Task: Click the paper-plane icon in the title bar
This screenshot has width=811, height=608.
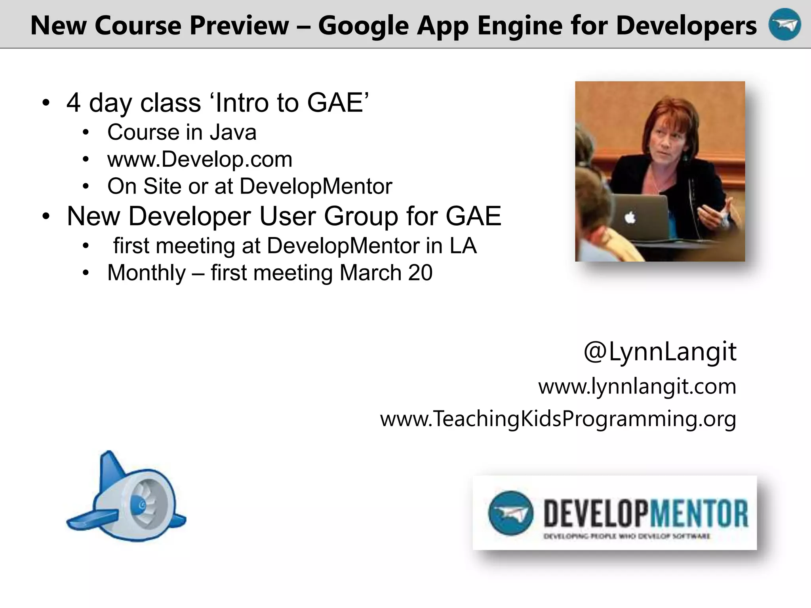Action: pyautogui.click(x=784, y=25)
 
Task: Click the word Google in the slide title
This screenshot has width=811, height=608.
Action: pyautogui.click(x=363, y=26)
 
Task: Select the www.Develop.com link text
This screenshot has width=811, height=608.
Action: pyautogui.click(x=200, y=160)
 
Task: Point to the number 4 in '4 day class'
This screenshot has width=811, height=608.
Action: pyautogui.click(x=74, y=103)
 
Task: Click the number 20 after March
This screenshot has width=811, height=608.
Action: pyautogui.click(x=420, y=273)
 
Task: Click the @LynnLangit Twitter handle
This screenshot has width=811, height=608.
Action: pyautogui.click(x=660, y=351)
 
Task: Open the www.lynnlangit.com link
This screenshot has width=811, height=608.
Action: pyautogui.click(x=637, y=386)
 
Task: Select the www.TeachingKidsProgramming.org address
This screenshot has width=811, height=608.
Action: pyautogui.click(x=558, y=419)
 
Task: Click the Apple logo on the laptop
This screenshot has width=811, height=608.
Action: pyautogui.click(x=630, y=218)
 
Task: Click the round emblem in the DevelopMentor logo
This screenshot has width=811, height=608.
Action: pyautogui.click(x=510, y=513)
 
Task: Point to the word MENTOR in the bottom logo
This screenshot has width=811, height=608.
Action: pyautogui.click(x=699, y=513)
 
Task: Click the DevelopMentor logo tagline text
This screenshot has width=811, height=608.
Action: pyautogui.click(x=627, y=537)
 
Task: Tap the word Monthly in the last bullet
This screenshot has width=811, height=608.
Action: pyautogui.click(x=146, y=273)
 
